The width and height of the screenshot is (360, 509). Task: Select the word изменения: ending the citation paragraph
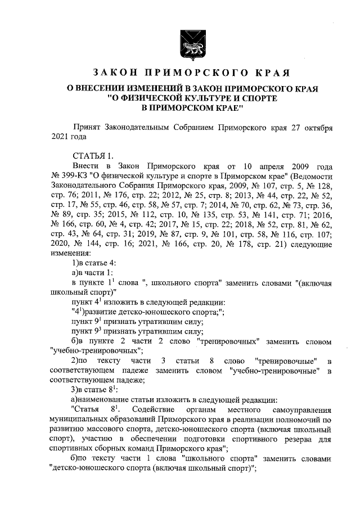click(x=70, y=254)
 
